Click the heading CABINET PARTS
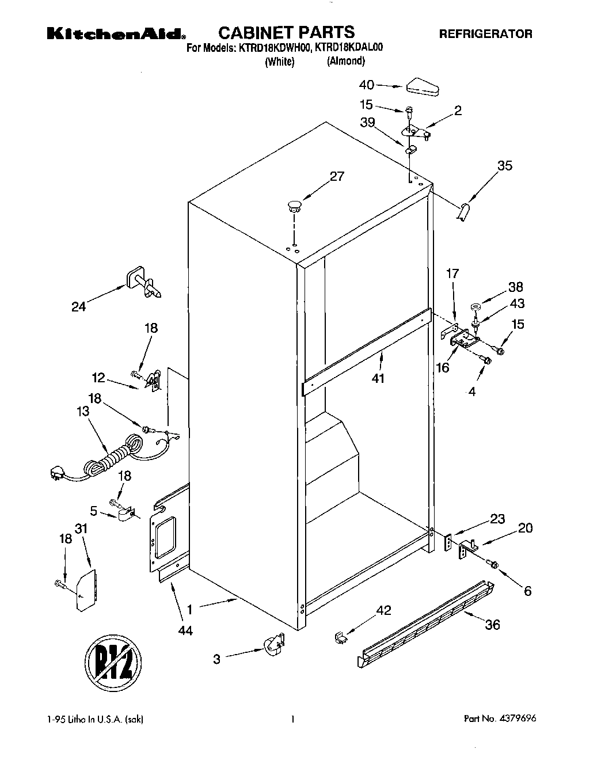click(287, 32)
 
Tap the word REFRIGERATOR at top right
click(486, 34)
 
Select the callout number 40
click(367, 85)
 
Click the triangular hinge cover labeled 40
click(423, 87)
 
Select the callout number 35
click(504, 166)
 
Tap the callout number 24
click(79, 306)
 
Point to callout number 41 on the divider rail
click(378, 378)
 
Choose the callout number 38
click(516, 287)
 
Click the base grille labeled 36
click(426, 622)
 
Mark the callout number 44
click(185, 630)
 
